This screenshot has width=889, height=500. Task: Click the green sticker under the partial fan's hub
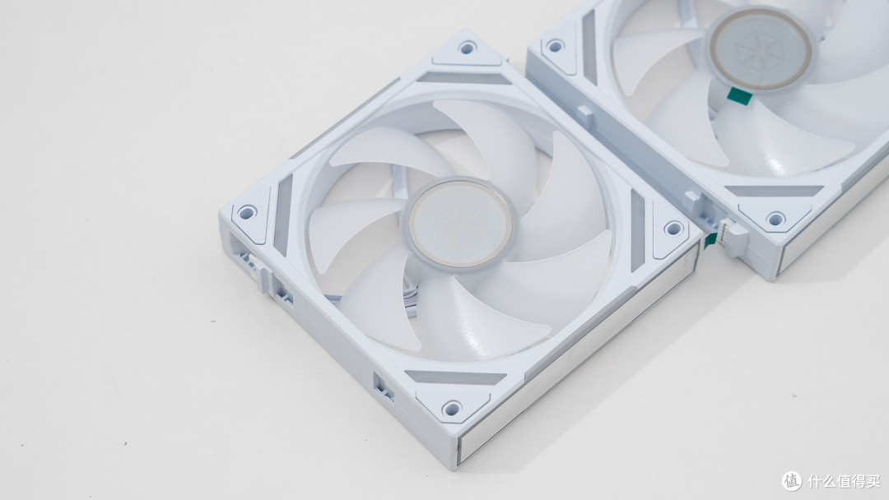(738, 96)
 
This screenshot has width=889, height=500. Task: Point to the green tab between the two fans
(709, 241)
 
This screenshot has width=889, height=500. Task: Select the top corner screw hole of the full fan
(467, 48)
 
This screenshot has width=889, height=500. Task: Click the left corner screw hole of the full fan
(247, 213)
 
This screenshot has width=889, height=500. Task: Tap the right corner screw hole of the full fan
(673, 229)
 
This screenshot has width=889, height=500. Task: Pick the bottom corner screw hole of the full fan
(452, 408)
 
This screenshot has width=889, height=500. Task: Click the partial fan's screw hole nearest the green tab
(775, 219)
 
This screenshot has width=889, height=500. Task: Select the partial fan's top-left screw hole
(555, 45)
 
